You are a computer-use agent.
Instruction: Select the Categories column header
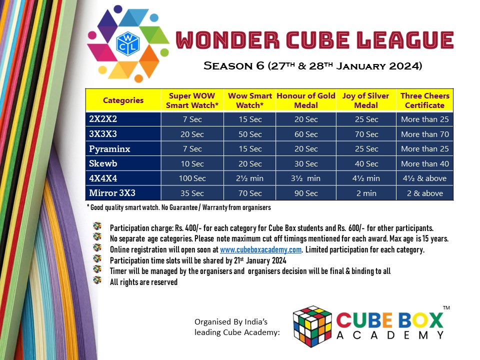[123, 100]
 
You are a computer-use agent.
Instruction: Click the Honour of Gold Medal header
[305, 100]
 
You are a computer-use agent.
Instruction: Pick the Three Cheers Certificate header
[424, 100]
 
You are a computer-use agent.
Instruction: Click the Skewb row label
[103, 163]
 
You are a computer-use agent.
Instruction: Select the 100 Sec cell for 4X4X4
[192, 178]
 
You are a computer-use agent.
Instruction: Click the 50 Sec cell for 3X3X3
[249, 134]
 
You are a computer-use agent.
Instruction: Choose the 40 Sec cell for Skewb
[366, 164]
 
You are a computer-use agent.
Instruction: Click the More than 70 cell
[424, 134]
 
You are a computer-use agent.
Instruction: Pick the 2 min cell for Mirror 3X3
[366, 193]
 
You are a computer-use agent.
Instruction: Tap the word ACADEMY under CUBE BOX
[390, 335]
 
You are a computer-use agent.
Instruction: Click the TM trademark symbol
[446, 308]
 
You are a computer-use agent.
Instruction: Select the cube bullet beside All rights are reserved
[97, 280]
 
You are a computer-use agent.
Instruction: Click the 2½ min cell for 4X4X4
[249, 178]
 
